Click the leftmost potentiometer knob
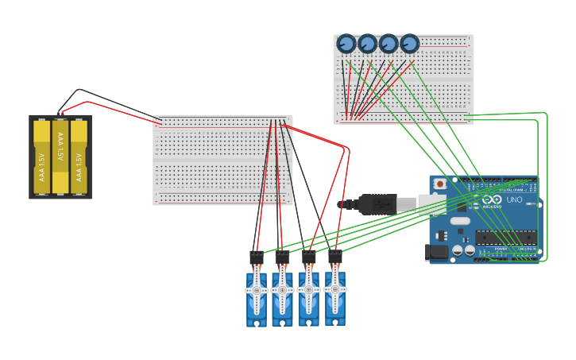pos(346,44)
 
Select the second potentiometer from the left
pos(367,44)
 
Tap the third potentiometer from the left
pos(389,44)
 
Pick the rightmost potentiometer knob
pos(409,44)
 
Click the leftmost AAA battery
pos(41,157)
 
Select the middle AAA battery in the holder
pos(60,157)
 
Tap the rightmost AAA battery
pos(79,157)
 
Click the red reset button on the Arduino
pos(440,184)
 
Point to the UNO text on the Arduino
pos(514,200)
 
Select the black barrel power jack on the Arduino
pos(436,253)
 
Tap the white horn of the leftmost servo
pos(256,291)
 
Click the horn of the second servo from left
pos(282,291)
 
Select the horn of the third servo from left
pos(308,291)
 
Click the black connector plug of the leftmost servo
pos(256,257)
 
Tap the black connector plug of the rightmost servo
pos(334,257)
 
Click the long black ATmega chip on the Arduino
pos(506,237)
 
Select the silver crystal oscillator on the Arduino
pos(460,221)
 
